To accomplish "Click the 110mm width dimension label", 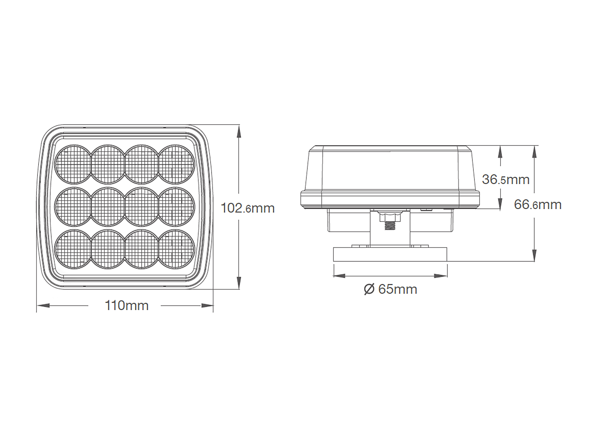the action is pos(127,306).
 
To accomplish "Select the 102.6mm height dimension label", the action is pos(248,208).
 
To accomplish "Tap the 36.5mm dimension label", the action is pos(506,179).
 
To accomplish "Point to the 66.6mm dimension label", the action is pos(538,204).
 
